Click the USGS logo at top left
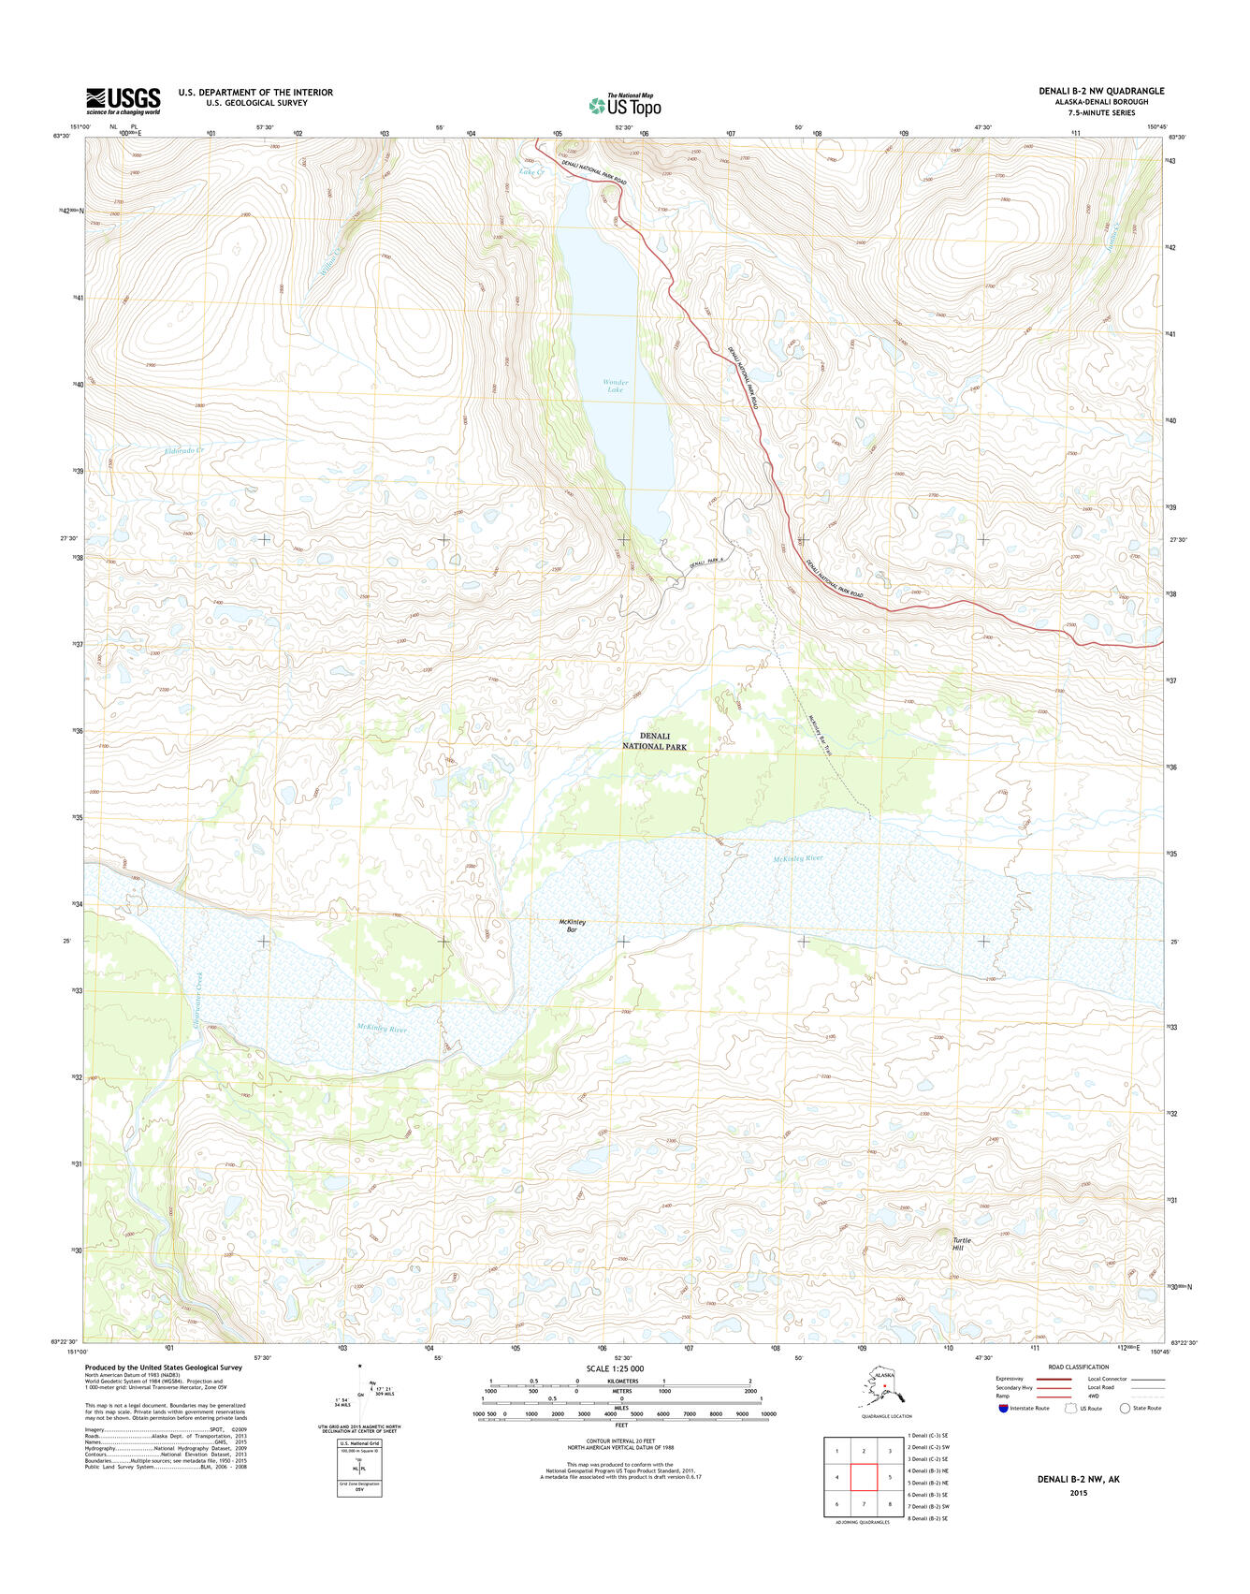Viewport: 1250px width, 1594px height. (x=124, y=100)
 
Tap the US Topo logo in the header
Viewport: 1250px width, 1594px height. (x=625, y=105)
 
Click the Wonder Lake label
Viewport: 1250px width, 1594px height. (x=615, y=386)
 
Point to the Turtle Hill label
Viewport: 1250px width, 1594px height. (x=962, y=1244)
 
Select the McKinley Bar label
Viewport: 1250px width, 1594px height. (x=572, y=926)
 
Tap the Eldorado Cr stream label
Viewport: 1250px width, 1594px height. (x=184, y=451)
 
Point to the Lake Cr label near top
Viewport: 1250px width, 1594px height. (x=531, y=172)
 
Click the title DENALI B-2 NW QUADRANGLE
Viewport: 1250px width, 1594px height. (x=1101, y=91)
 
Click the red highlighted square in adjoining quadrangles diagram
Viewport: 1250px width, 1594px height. (x=864, y=1478)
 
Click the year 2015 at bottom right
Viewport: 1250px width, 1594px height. (x=1079, y=1493)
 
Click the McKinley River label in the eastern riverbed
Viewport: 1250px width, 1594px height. (x=797, y=858)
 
